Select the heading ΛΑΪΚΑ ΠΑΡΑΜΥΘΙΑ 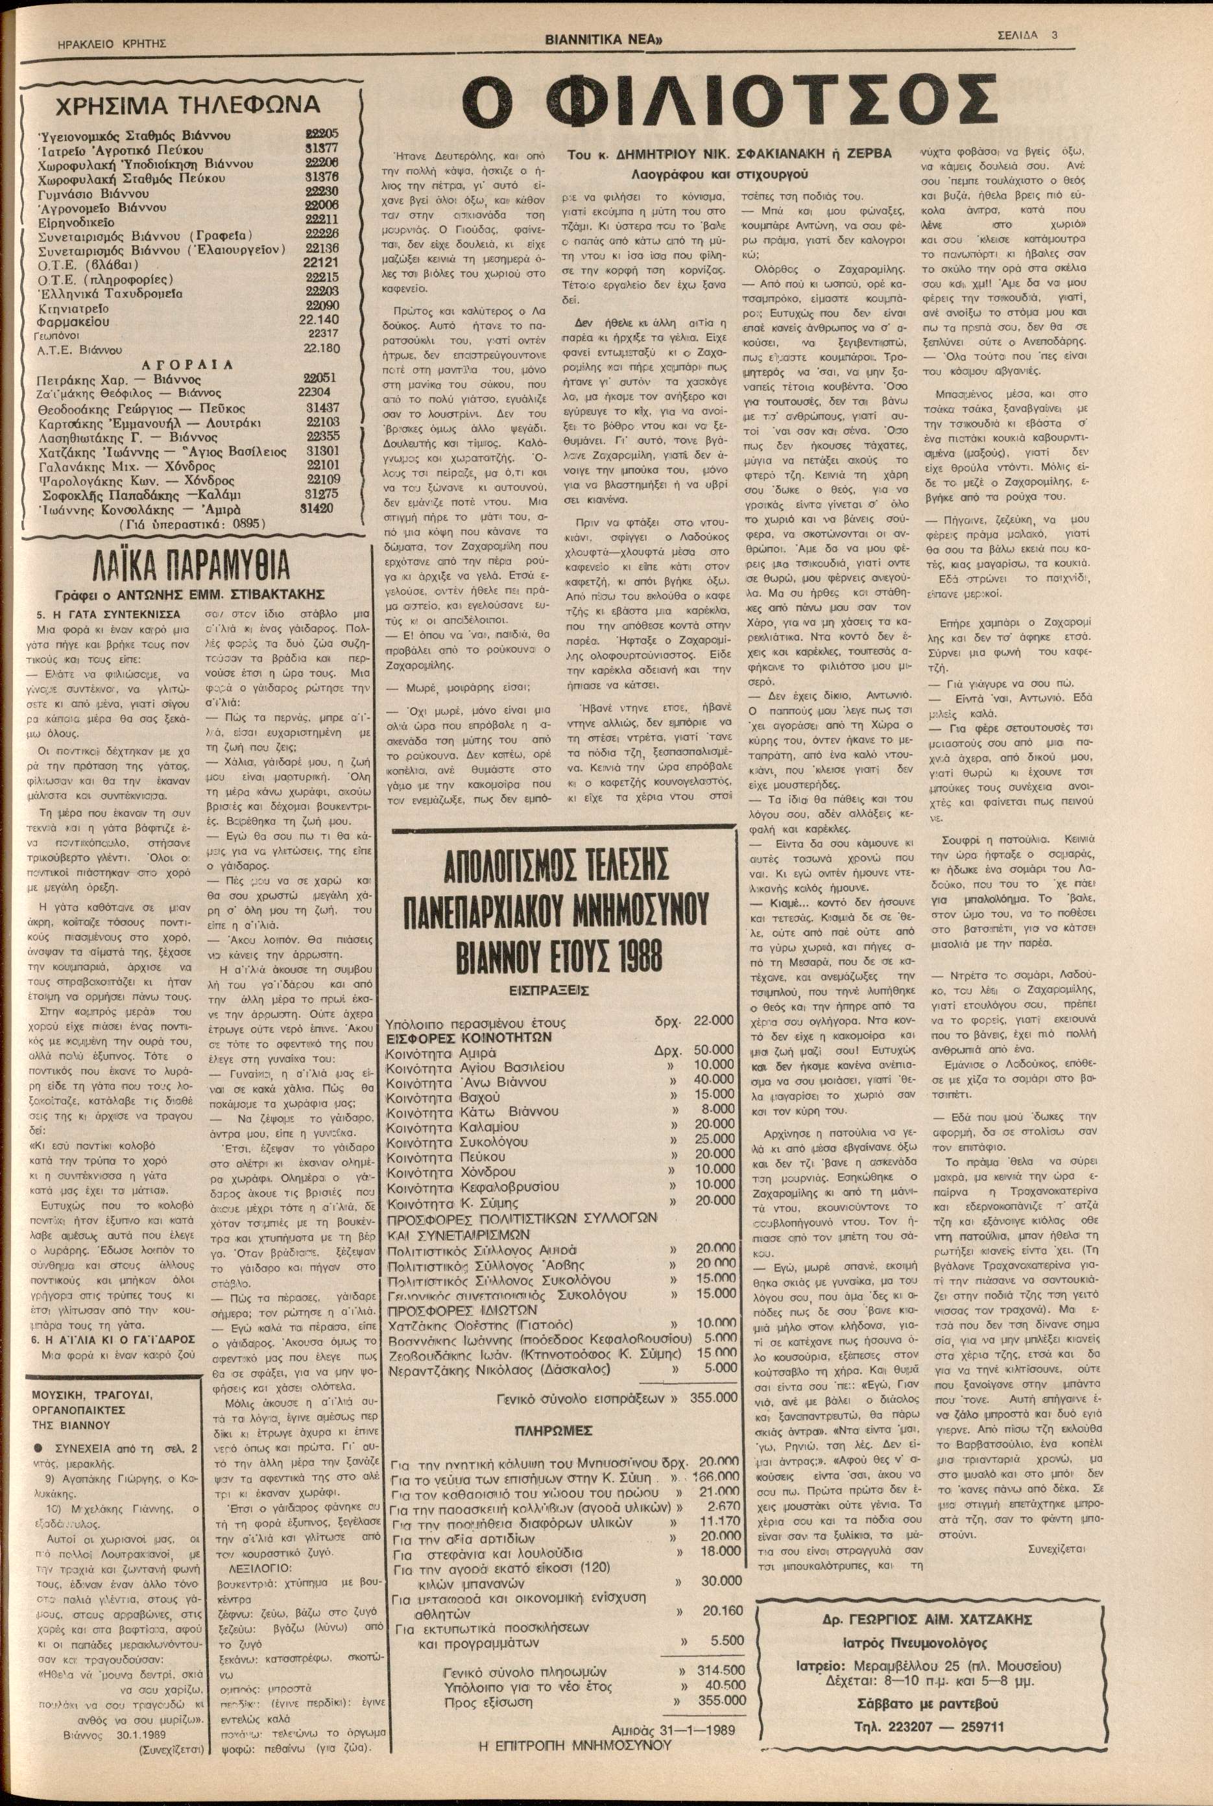[192, 567]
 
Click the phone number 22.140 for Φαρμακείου [318, 320]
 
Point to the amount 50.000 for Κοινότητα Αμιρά [714, 1050]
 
